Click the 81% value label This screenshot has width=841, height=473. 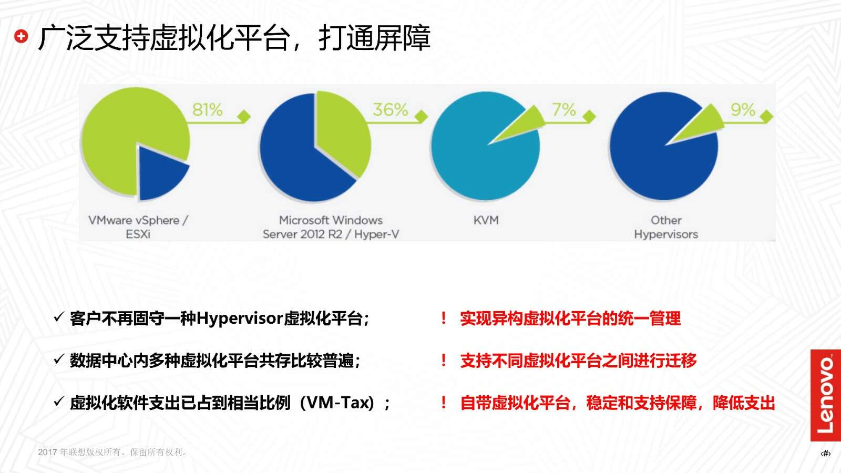(207, 110)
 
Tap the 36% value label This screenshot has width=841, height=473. (390, 110)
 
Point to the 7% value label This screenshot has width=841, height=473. (563, 110)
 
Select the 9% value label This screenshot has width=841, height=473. (743, 110)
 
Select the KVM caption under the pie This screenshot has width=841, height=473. (486, 220)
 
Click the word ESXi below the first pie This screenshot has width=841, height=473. (138, 234)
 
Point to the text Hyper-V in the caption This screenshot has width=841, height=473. (376, 234)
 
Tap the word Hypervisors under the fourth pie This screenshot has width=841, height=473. (666, 234)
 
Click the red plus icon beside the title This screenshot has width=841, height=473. (21, 36)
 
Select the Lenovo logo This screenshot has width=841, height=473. (826, 395)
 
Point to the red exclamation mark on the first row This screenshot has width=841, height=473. (444, 318)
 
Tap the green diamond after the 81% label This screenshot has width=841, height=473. (244, 116)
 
